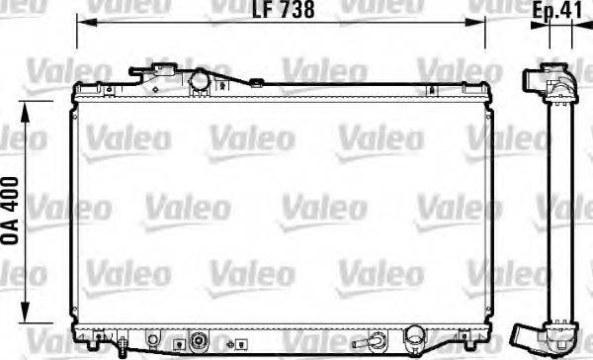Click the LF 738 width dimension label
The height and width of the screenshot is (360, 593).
click(x=283, y=12)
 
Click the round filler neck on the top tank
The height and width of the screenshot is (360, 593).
click(x=198, y=78)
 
